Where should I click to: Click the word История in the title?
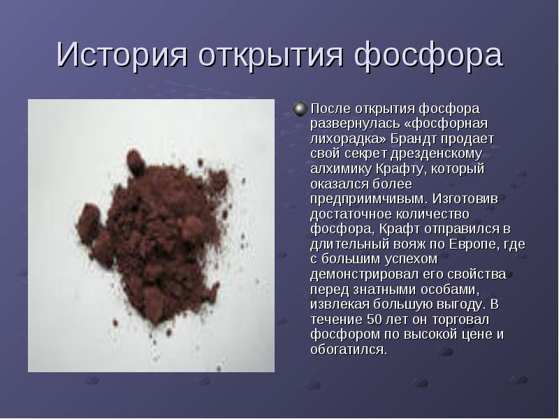click(122, 54)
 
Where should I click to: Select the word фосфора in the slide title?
click(428, 56)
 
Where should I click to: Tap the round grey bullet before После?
click(300, 109)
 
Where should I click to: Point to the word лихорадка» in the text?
click(348, 138)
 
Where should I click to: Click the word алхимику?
click(341, 168)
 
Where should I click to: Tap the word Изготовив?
click(465, 198)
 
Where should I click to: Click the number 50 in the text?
click(375, 319)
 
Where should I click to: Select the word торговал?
click(460, 319)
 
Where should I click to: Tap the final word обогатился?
click(349, 350)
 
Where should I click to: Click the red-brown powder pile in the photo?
click(153, 235)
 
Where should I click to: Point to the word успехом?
click(411, 259)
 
